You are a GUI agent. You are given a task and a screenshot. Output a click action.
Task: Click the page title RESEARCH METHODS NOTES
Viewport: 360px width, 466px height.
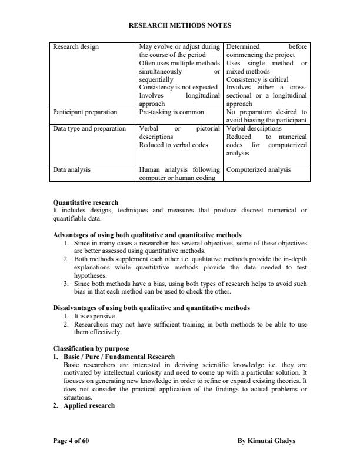coord(180,25)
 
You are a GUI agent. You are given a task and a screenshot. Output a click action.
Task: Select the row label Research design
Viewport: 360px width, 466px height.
coord(76,46)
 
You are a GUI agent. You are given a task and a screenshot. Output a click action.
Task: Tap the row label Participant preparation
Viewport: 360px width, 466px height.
coord(85,111)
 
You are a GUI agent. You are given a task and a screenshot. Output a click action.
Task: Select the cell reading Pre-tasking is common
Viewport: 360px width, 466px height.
coord(171,111)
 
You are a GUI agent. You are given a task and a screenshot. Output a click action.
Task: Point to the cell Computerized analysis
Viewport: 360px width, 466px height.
coord(258,170)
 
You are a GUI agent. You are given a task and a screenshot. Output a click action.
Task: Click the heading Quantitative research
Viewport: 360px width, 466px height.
coord(85,202)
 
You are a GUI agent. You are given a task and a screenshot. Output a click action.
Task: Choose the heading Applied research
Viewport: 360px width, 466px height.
coord(89,406)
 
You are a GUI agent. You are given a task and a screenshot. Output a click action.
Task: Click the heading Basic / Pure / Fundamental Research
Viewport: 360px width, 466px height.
coord(119,357)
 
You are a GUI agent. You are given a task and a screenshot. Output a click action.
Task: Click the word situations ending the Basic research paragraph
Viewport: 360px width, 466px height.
coord(77,398)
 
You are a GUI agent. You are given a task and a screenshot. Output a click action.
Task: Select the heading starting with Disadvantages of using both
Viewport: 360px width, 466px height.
coord(151,308)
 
